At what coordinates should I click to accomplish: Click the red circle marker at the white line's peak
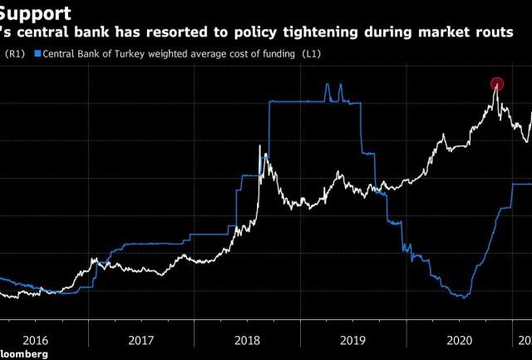tap(497, 84)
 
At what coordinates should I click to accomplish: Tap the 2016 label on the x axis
tap(34, 339)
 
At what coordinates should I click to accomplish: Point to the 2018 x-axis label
tap(247, 339)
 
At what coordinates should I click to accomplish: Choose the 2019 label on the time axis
tap(352, 339)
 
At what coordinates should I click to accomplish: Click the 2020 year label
tap(459, 339)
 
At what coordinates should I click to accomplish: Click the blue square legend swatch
tap(37, 54)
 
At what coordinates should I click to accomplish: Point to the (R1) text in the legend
tap(16, 54)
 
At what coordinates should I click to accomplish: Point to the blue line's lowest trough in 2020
tap(462, 297)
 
